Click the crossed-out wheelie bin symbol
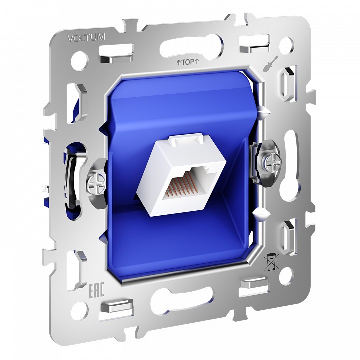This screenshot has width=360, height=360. click(x=270, y=260)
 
